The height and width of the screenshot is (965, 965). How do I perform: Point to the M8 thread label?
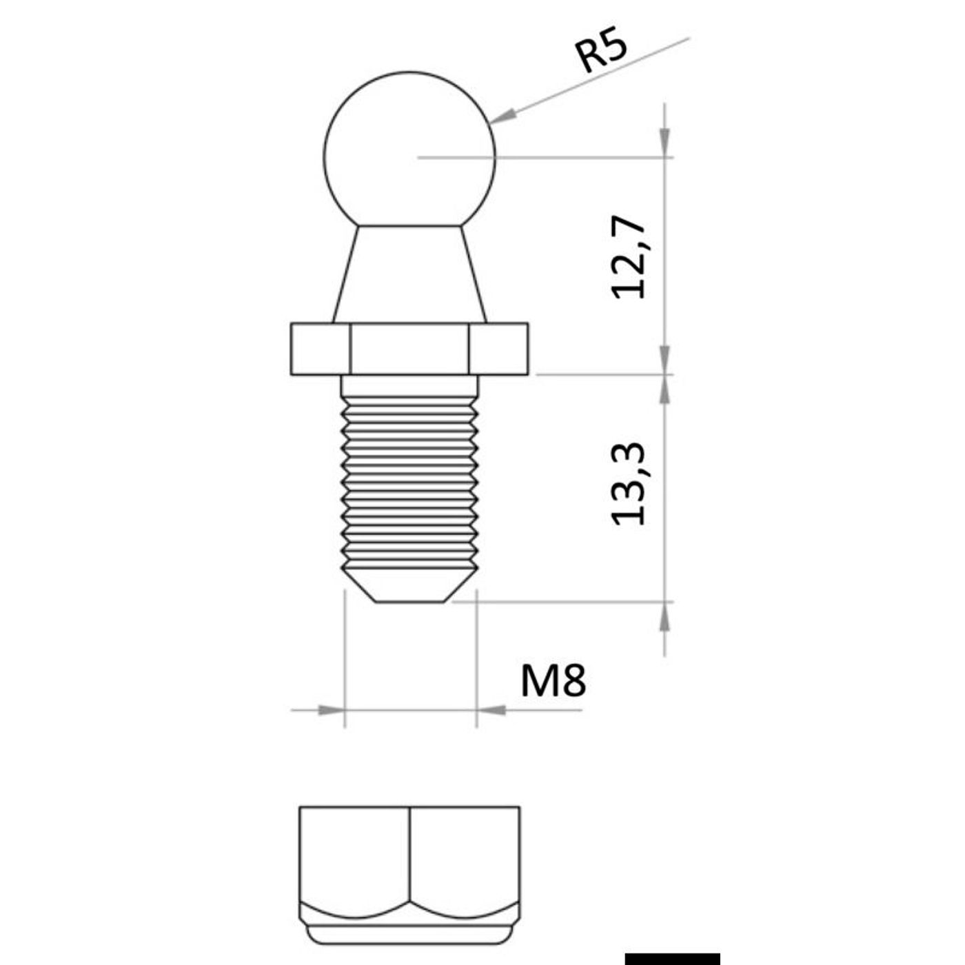tap(553, 680)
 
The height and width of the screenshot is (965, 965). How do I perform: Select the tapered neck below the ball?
tap(409, 274)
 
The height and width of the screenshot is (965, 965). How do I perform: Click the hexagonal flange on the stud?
tap(409, 349)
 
